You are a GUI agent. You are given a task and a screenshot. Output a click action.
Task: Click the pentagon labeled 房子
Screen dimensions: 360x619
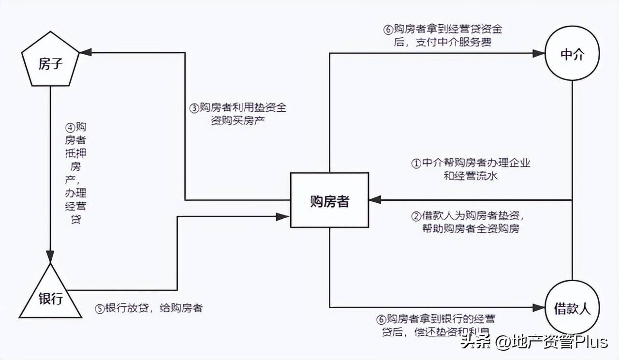pos(50,63)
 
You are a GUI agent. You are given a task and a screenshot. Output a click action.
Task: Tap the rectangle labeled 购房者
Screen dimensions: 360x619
pos(329,200)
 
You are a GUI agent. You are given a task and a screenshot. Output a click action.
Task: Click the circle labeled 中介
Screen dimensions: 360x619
pos(573,55)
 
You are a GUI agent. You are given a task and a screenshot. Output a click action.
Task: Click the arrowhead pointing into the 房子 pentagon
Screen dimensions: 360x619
pos(85,52)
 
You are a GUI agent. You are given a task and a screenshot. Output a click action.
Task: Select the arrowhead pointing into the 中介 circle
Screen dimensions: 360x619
pos(539,53)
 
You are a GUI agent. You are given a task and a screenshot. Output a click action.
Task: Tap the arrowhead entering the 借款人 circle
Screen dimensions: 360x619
pos(539,307)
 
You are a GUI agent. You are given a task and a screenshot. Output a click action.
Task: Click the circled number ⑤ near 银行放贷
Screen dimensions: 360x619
pos(100,308)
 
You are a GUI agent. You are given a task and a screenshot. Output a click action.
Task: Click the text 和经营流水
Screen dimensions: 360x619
pos(471,176)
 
